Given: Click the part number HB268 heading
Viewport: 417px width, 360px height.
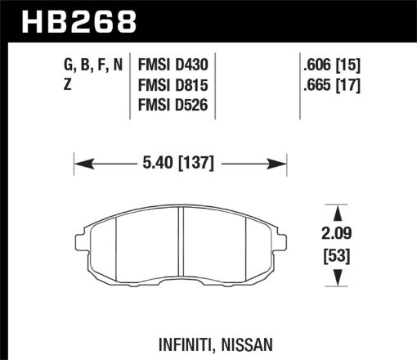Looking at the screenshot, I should click(74, 19).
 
